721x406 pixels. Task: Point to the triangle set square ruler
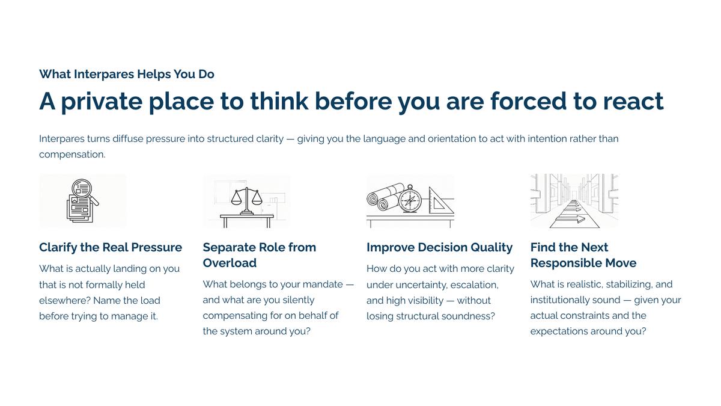point(441,200)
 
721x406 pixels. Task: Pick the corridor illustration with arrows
point(574,201)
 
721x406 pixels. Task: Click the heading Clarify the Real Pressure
point(111,247)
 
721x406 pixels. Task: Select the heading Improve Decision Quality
point(439,247)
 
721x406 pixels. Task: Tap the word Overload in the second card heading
point(230,263)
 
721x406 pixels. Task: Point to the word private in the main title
point(102,102)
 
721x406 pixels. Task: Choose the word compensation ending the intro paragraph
point(72,155)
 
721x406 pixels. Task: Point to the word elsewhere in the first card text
point(65,300)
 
